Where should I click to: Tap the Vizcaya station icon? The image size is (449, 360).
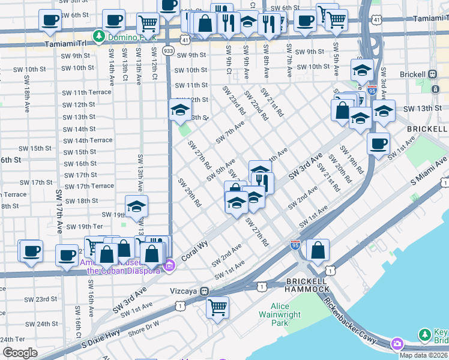point(205,291)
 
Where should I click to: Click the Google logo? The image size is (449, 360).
point(20,352)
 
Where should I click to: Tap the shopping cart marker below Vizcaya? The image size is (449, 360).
point(217,308)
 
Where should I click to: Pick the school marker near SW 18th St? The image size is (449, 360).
point(137,206)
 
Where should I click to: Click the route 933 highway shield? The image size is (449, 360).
point(169,52)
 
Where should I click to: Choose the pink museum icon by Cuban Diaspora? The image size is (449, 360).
point(170,265)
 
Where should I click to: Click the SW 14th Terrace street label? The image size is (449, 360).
point(88,140)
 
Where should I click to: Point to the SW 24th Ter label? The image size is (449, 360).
point(20,340)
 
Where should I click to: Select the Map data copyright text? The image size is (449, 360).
point(423,355)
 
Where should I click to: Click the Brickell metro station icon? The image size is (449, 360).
point(432,74)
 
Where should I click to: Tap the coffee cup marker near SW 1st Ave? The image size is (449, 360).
point(378,144)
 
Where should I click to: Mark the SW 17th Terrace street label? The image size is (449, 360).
point(89,186)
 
